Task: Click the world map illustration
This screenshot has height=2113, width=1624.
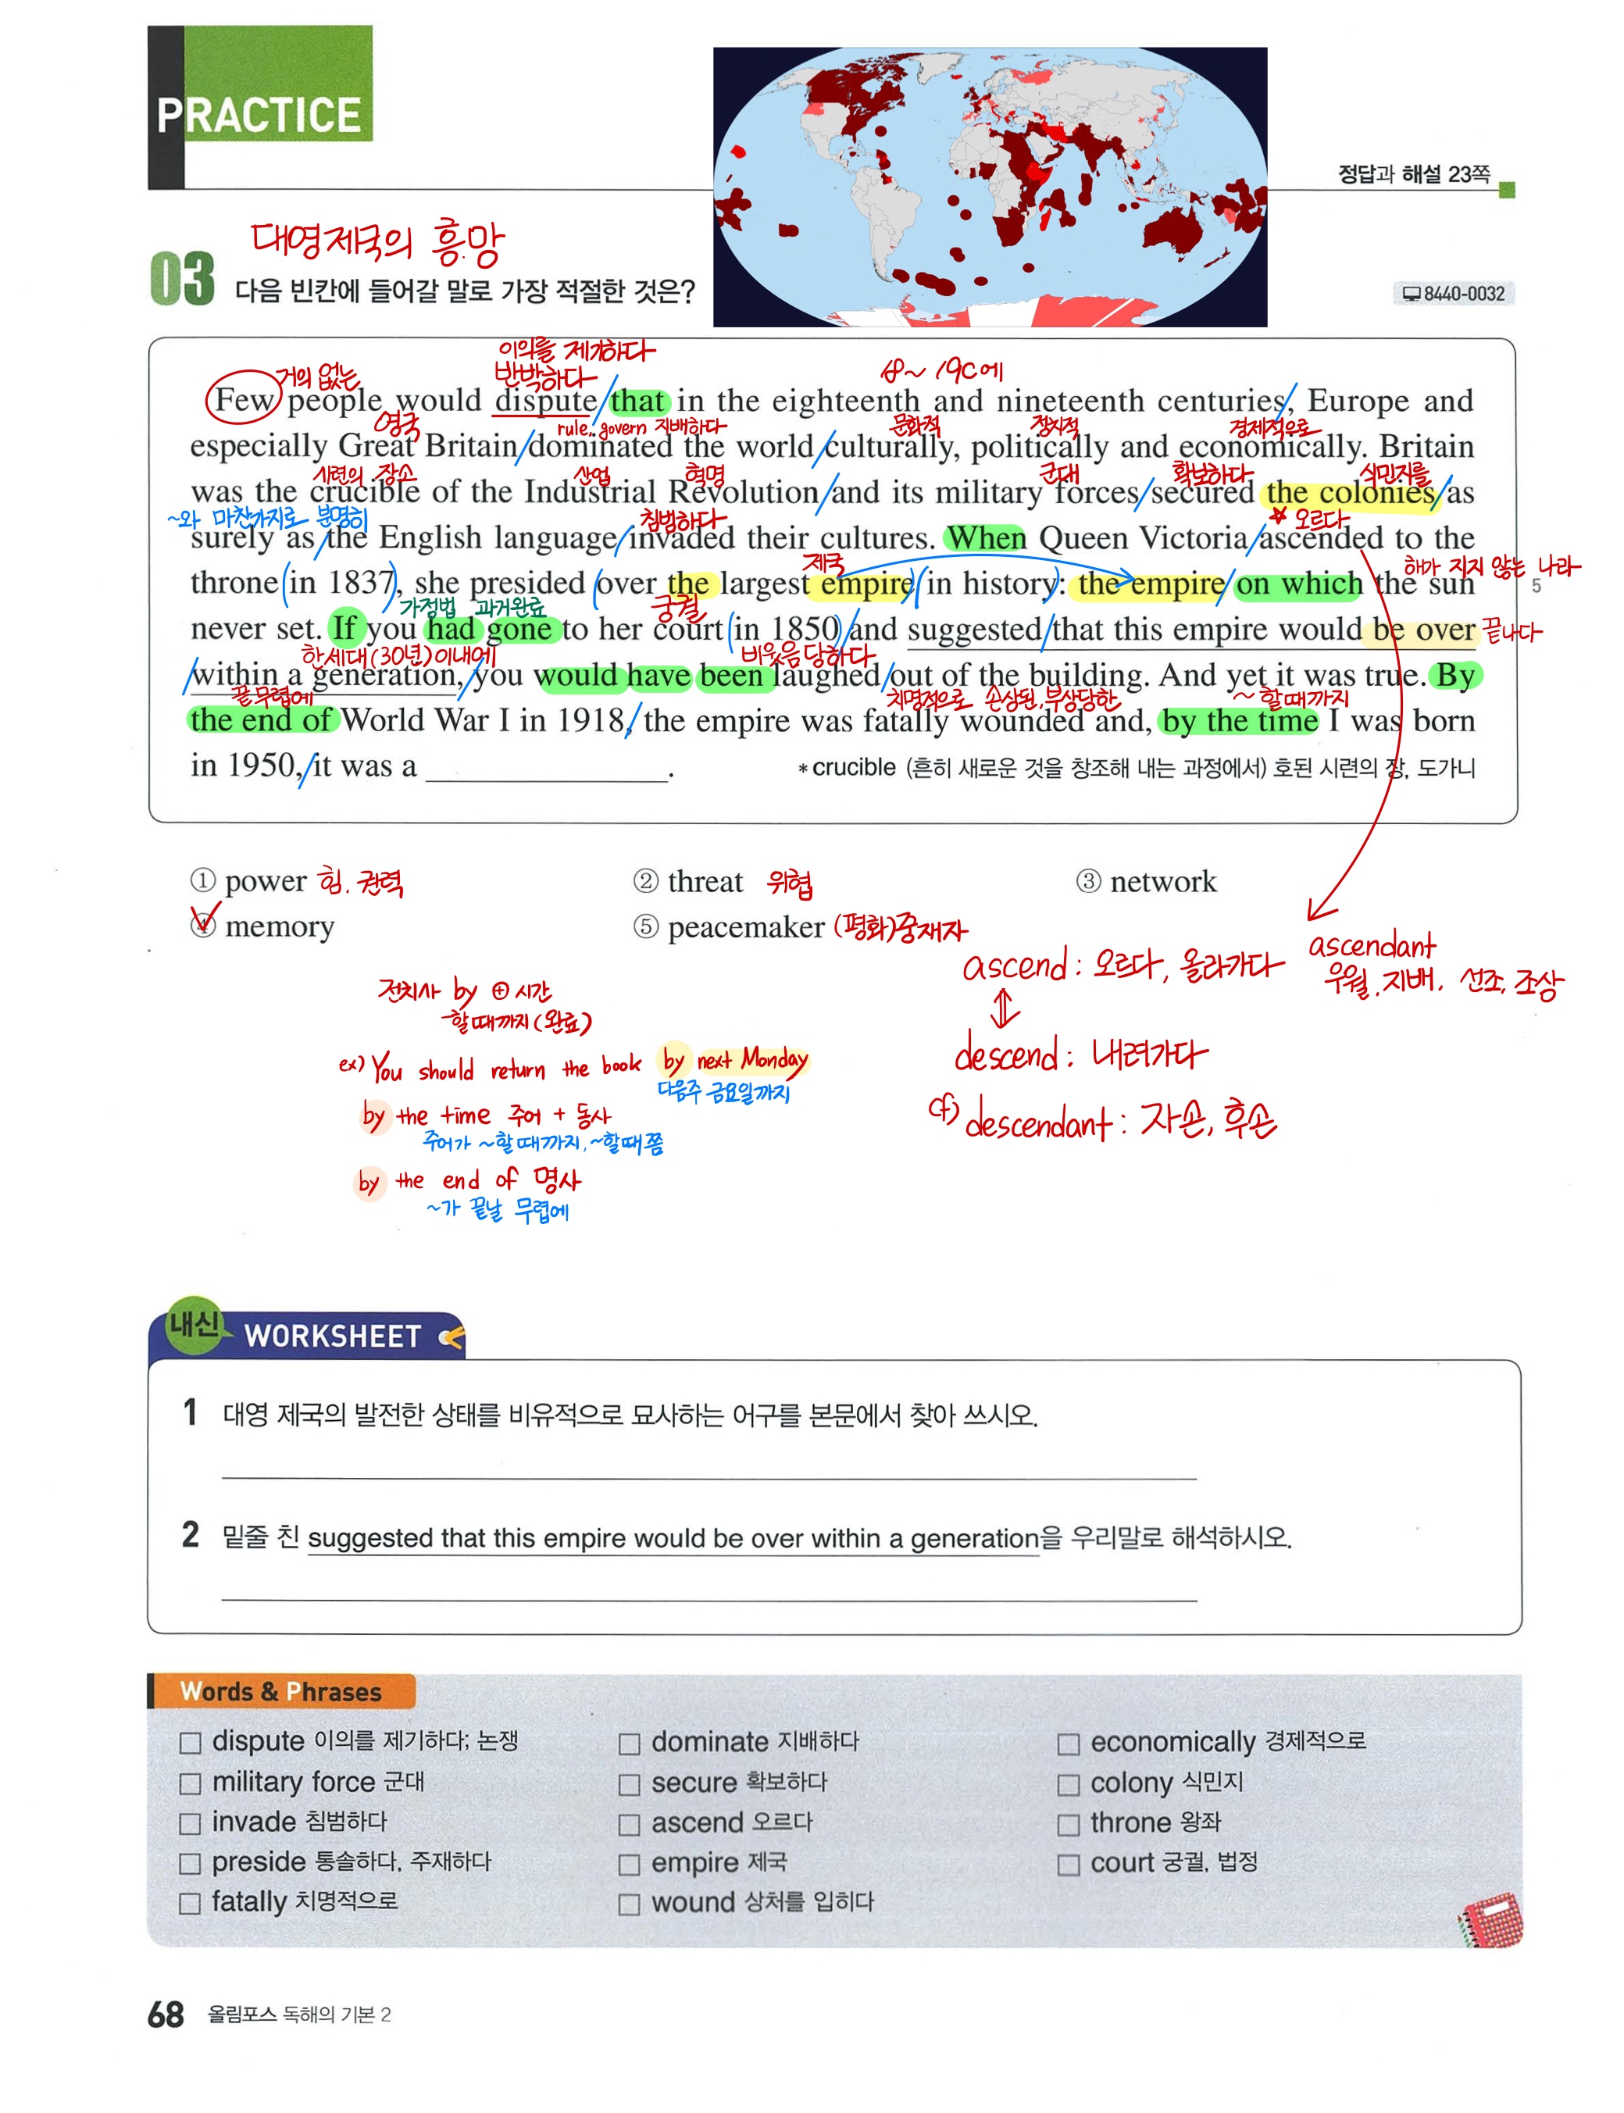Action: [x=989, y=187]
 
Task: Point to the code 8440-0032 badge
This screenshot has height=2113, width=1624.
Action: [x=1453, y=293]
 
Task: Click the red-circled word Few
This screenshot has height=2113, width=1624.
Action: [x=244, y=399]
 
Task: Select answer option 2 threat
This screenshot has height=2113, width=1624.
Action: [x=705, y=880]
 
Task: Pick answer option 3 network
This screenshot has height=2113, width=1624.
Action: [x=1162, y=880]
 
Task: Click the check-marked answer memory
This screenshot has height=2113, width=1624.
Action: [x=278, y=926]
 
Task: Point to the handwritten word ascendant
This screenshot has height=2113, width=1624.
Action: [x=1371, y=944]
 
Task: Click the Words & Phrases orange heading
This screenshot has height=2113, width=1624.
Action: [x=280, y=1691]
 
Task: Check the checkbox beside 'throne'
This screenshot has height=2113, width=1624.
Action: [x=1067, y=1824]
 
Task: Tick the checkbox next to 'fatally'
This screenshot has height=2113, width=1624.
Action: [x=191, y=1903]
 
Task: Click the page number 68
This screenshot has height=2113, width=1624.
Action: [x=166, y=2015]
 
